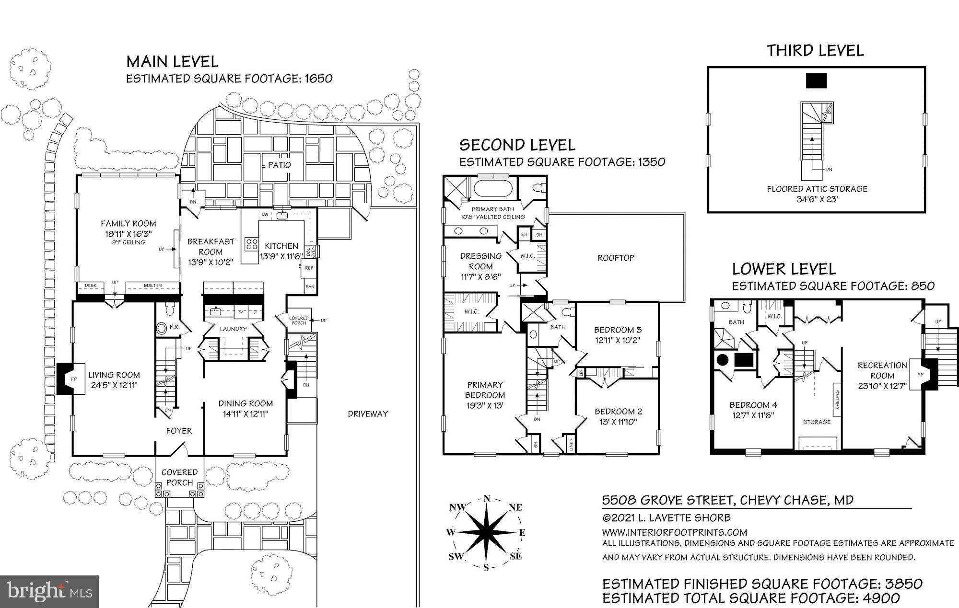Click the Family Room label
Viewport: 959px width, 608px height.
(128, 223)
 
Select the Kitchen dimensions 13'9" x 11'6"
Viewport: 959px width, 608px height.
(279, 256)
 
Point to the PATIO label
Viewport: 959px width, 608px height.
(279, 165)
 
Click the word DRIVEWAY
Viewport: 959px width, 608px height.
(368, 413)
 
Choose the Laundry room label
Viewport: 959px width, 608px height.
(233, 329)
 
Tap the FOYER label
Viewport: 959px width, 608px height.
(179, 431)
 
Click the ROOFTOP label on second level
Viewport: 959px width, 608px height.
(616, 258)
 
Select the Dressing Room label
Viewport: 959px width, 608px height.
(480, 261)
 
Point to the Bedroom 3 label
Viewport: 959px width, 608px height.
(617, 330)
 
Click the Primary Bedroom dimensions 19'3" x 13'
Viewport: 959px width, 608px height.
(485, 405)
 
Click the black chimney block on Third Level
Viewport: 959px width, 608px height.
(816, 80)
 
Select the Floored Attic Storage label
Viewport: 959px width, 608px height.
(817, 189)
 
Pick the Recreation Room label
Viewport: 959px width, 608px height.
(882, 370)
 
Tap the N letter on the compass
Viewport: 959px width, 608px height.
(486, 498)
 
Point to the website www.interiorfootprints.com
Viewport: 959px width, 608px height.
(674, 532)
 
